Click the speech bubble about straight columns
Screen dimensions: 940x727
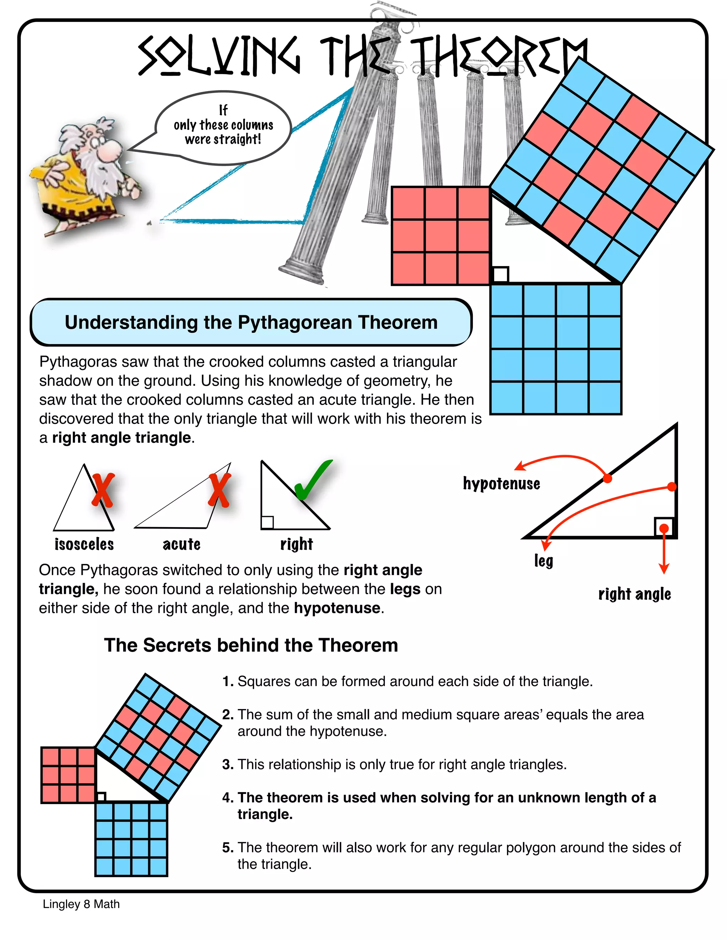[223, 127]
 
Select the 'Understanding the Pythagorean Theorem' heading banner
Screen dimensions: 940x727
[251, 322]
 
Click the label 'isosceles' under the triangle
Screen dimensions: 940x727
[84, 544]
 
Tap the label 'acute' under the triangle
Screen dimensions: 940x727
[181, 544]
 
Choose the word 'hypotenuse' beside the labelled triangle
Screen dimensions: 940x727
[501, 484]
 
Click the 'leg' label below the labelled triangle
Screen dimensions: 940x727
[543, 560]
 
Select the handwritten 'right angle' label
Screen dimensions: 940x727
[634, 595]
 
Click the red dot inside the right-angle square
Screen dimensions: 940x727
[664, 528]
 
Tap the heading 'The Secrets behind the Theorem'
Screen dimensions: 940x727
[251, 645]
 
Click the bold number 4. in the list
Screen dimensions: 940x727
[228, 797]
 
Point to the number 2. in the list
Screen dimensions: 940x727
[228, 714]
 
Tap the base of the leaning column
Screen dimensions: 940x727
[301, 269]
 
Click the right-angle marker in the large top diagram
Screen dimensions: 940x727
[501, 275]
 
